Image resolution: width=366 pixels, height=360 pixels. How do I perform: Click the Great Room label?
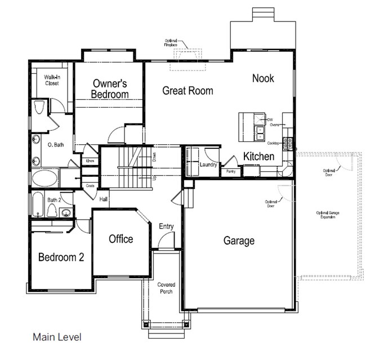point(188,90)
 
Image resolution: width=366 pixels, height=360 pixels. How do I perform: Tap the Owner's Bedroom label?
point(110,89)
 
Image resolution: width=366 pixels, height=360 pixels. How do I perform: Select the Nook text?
point(263,78)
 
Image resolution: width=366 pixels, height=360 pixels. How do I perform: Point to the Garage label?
point(239,241)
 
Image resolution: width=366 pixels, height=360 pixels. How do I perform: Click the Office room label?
point(120,239)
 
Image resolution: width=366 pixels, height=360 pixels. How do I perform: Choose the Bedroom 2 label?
point(61,257)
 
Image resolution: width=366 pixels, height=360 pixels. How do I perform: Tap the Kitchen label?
point(258,156)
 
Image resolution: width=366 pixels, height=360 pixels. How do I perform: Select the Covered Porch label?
point(166,288)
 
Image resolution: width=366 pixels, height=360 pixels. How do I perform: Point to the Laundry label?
point(208,165)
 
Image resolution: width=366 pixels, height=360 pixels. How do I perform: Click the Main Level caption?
point(57,337)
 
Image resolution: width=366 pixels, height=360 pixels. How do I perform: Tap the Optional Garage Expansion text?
point(328,215)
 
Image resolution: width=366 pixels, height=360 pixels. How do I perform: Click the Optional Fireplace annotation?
point(172,43)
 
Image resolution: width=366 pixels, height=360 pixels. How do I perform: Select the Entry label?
point(166,226)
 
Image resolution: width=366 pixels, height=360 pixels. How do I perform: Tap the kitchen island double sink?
point(261,134)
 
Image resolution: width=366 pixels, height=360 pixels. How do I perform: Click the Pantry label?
point(230,171)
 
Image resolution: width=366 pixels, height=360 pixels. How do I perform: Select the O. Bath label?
point(55,145)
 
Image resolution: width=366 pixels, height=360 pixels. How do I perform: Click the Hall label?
point(104,199)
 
